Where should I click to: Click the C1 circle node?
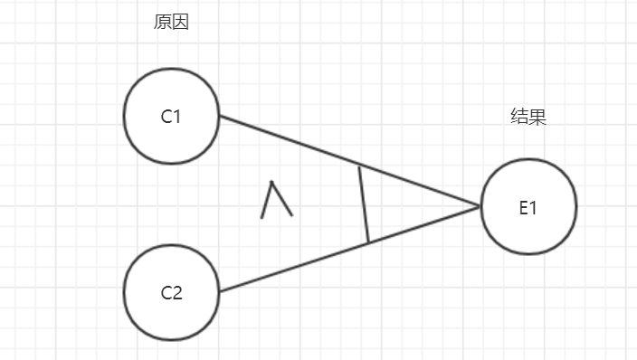coord(171,116)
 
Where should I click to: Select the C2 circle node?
coord(171,292)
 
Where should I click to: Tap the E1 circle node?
coord(528,206)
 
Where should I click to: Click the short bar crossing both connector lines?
coord(364,204)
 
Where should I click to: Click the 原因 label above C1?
coord(171,23)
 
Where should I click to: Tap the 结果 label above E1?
coord(528,117)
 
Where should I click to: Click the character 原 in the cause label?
coord(163,23)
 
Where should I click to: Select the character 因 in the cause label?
coord(180,23)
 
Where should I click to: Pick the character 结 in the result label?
coord(519,117)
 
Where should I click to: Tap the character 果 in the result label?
coord(537,117)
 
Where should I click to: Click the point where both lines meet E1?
coord(480,206)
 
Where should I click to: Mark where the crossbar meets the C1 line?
coord(359,166)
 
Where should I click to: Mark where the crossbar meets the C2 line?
coord(368,242)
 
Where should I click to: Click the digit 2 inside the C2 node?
coord(177,292)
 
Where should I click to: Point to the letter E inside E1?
coord(523,206)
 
